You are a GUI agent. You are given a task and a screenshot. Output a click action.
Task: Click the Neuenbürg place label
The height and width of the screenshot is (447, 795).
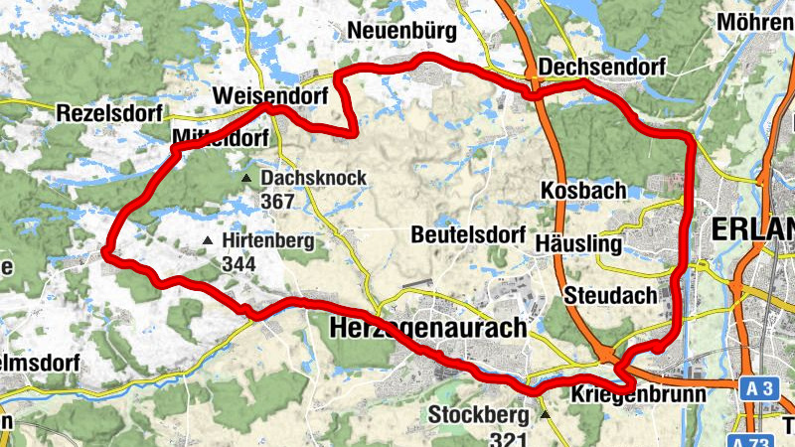tap(401, 32)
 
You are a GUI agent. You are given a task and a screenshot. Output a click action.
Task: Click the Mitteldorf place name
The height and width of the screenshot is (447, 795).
tap(221, 137)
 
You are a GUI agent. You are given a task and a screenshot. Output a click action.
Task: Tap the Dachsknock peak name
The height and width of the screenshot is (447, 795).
tap(314, 179)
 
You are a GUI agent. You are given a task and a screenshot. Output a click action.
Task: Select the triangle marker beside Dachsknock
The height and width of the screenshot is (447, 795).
tap(246, 178)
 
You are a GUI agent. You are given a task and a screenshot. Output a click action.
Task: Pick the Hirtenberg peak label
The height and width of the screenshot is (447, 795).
tap(268, 241)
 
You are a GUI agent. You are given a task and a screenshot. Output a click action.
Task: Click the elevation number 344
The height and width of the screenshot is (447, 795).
tap(239, 264)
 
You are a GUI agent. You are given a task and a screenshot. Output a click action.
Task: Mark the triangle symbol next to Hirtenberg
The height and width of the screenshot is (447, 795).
tap(207, 241)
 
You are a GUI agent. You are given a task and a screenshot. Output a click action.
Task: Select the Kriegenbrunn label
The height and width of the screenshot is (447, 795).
tap(639, 394)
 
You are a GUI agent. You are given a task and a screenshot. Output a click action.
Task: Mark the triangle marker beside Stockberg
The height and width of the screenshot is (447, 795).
tap(545, 413)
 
